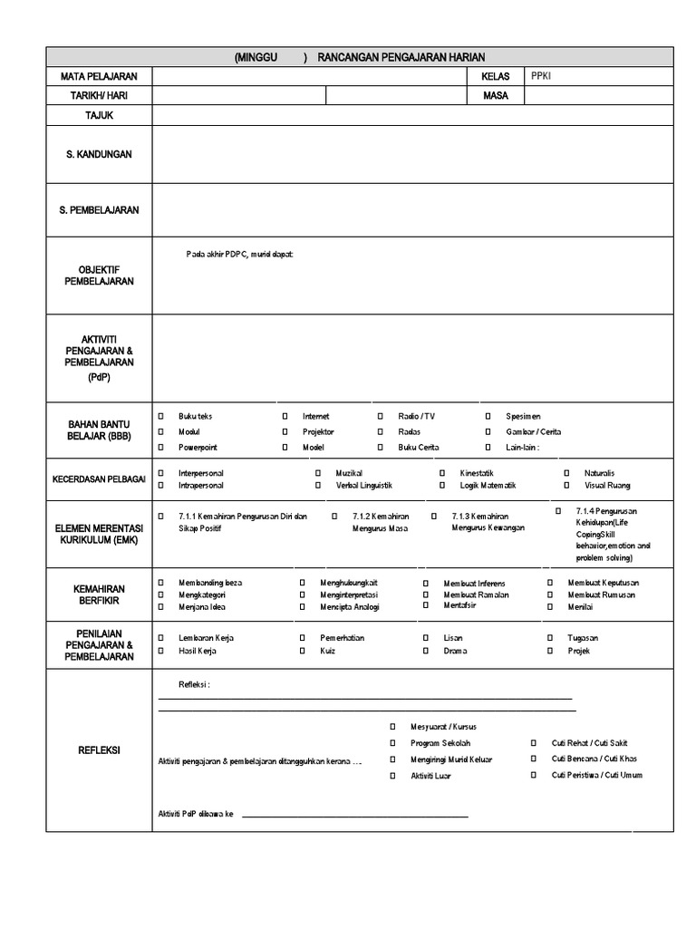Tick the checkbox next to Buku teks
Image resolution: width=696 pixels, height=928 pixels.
161,416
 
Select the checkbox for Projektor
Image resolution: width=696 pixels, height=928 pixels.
285,432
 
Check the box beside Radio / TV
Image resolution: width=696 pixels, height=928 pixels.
380,416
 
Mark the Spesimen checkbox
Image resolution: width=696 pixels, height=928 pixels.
488,416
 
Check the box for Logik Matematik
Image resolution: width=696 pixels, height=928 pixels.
442,487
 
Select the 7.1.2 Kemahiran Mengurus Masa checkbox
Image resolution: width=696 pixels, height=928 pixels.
334,516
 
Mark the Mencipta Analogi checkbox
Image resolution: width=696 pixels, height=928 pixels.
302,606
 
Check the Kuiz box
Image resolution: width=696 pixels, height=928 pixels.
302,651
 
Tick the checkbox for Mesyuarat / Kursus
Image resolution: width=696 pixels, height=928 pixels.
393,727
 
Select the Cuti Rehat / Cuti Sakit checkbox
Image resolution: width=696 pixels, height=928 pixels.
534,743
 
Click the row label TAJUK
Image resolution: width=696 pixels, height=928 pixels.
99,115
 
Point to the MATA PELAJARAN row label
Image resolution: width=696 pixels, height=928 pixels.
99,77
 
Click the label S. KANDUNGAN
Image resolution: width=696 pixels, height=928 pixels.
99,154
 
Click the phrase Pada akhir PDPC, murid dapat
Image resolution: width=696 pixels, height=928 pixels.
239,254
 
